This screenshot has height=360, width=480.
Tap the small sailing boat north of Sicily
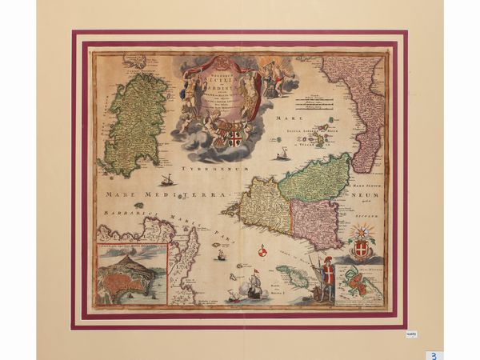point(282,155)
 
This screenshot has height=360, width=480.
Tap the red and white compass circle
point(262,255)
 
